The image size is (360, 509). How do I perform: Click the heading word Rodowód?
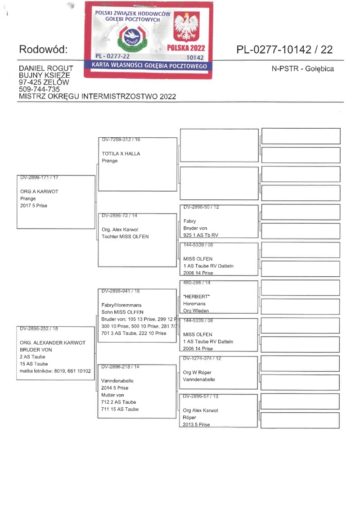(x=43, y=50)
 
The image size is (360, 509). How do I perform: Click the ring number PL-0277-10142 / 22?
(x=284, y=50)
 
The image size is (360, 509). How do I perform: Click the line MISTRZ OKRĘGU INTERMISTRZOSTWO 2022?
(x=97, y=96)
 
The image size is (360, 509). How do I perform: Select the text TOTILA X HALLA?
(x=121, y=153)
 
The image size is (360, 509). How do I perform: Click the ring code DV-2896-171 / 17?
(x=39, y=177)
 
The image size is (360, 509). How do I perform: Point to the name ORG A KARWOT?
(x=39, y=191)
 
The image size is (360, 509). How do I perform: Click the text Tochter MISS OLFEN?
(x=125, y=237)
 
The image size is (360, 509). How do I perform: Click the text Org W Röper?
(x=197, y=373)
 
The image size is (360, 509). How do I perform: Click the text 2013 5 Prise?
(x=196, y=425)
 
